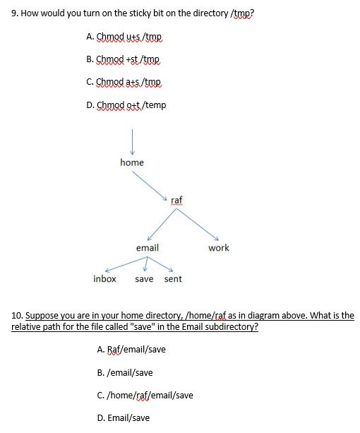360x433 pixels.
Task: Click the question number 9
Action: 16,13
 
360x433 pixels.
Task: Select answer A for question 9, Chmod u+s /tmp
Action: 128,36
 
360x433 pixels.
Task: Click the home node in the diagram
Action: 132,162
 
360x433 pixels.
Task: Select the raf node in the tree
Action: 177,201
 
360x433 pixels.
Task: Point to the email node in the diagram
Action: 148,248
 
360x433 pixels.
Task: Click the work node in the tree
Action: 219,248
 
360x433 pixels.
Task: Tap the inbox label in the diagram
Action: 104,279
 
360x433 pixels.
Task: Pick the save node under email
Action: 144,279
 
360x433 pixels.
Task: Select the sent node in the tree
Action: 173,279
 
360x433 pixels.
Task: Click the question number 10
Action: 18,316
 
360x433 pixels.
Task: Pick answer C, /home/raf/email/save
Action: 144,395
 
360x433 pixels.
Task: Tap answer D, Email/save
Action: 123,417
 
